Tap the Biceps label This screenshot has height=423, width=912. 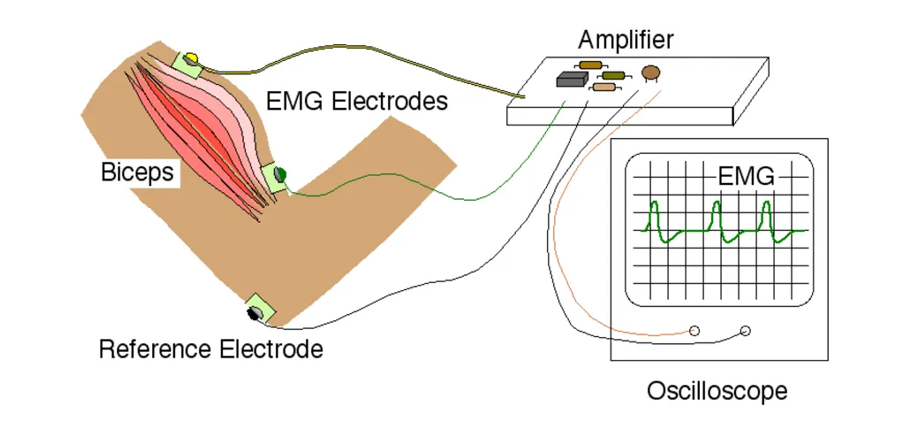point(137,172)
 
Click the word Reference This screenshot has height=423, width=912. point(155,349)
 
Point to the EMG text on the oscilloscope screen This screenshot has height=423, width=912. point(746,176)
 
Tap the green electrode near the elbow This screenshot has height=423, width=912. point(281,174)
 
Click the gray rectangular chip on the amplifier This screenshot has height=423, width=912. point(571,79)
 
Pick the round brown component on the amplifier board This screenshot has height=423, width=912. point(651,73)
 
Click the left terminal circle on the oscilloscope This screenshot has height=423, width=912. point(695,331)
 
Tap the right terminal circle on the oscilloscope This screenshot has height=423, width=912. point(745,331)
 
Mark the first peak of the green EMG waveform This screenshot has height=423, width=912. point(654,203)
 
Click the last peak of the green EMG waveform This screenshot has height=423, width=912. point(767,203)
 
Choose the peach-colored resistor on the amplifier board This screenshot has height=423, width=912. point(604,87)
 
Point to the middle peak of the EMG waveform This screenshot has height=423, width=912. point(716,203)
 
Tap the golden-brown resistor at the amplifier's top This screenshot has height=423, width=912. point(590,65)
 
